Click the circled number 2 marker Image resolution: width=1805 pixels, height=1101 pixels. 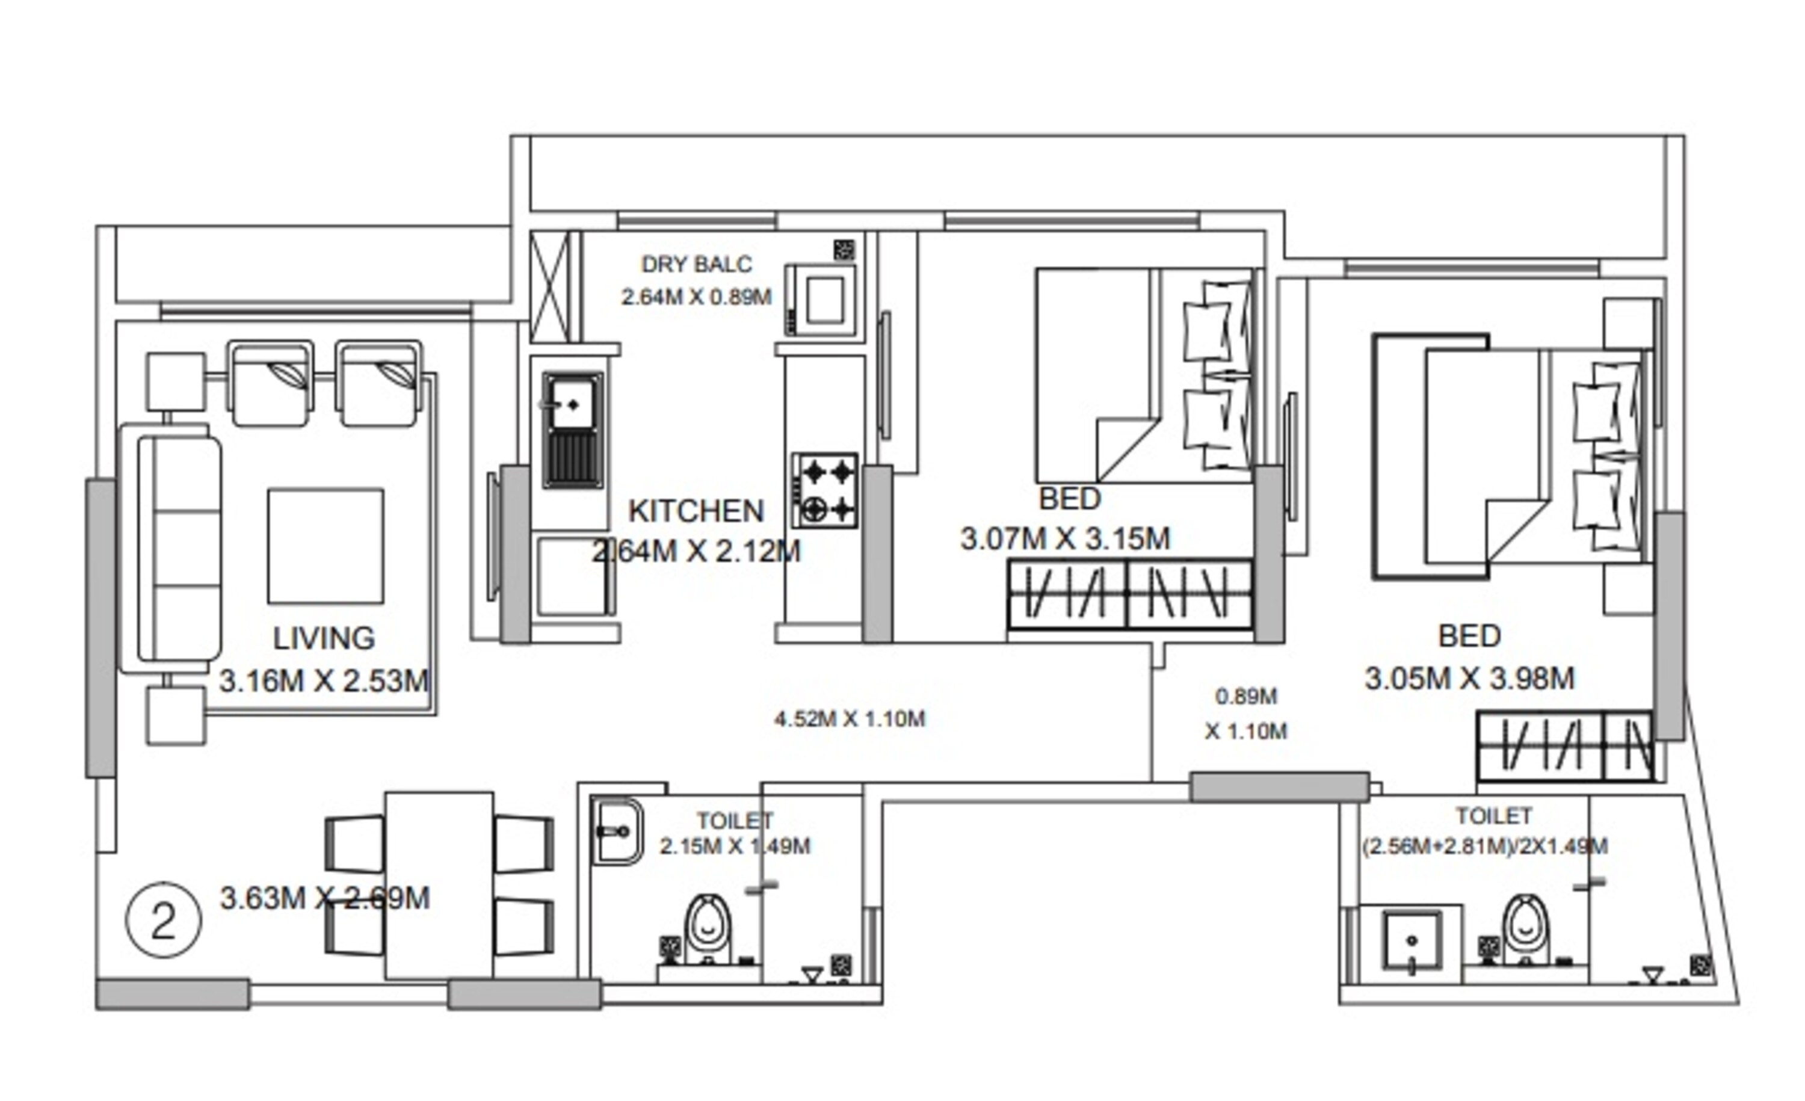click(164, 920)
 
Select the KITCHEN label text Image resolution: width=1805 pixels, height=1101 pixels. click(696, 511)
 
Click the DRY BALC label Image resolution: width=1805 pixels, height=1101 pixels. click(696, 264)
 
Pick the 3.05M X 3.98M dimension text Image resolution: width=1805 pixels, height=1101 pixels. click(1469, 678)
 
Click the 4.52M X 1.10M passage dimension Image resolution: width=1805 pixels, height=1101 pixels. click(850, 718)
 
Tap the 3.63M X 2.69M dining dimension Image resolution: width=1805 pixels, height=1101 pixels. click(324, 898)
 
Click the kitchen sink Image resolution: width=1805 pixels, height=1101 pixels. click(572, 429)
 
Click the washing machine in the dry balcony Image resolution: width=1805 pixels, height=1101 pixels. click(821, 300)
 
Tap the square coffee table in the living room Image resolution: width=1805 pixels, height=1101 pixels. click(326, 546)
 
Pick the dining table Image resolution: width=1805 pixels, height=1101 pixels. click(439, 885)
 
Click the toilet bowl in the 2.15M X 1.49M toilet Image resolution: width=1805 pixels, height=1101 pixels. click(707, 929)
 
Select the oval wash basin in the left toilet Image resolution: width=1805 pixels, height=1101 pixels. click(617, 831)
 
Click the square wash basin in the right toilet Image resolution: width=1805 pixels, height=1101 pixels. click(1411, 942)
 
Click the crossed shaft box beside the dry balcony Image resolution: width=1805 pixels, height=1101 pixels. click(549, 286)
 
